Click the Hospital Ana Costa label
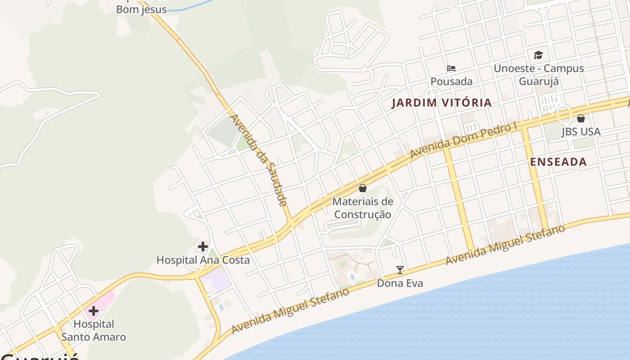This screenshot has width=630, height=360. coord(202,260)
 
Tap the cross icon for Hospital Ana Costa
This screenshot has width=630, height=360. coord(203,247)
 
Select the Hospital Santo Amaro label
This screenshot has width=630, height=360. coord(94,330)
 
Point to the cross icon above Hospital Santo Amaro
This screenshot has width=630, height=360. coord(94,311)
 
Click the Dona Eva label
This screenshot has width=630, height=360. coord(400,283)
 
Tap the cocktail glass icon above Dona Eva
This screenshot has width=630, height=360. coord(400,270)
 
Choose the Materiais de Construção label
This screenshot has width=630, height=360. coord(363,208)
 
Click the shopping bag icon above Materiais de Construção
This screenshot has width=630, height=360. coord(363,188)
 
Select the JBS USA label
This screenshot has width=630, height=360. coord(580,132)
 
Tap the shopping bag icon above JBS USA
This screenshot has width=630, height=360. coord(581,118)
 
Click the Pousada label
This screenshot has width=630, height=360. coord(451,81)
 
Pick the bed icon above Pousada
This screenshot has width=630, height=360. coord(451,68)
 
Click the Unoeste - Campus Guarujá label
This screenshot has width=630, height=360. coord(539,75)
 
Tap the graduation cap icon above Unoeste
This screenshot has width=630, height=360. coord(538,55)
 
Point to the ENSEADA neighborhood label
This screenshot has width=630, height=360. coord(558,162)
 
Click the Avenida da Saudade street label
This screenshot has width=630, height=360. coord(259,160)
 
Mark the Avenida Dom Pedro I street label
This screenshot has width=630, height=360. coord(463,140)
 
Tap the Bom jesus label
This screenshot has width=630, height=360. coord(141,9)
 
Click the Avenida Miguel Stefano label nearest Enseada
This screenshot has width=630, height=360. coord(505,245)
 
